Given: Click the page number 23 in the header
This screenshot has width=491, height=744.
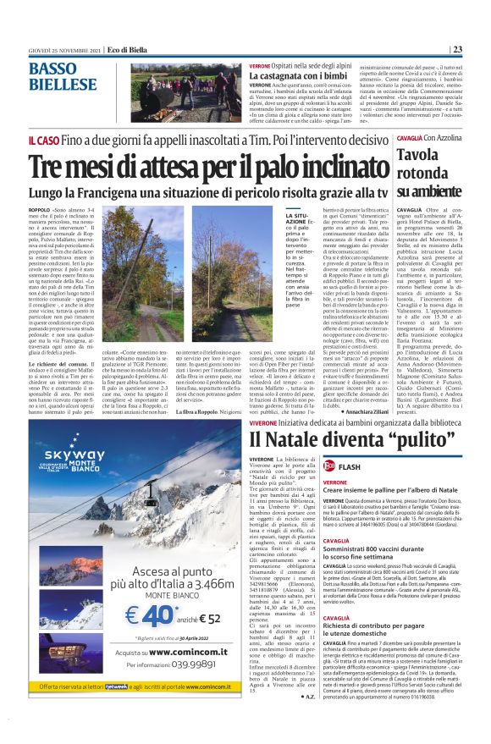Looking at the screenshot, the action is click(456, 49).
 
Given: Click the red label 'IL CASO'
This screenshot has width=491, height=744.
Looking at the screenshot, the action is click(45, 141).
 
